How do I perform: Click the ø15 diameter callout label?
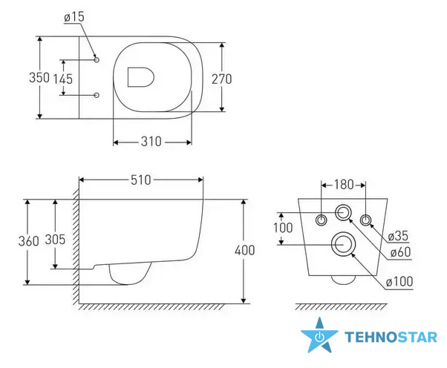tap(74, 17)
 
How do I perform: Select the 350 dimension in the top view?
tap(39, 77)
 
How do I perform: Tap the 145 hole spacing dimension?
tap(63, 79)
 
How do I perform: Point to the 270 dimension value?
tap(221, 79)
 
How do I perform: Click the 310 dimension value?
tap(151, 142)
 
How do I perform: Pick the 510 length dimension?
tap(141, 180)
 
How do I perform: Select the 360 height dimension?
tap(28, 241)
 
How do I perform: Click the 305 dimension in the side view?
tap(55, 239)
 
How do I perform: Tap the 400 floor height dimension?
tap(244, 250)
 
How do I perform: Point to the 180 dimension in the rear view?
tap(344, 185)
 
